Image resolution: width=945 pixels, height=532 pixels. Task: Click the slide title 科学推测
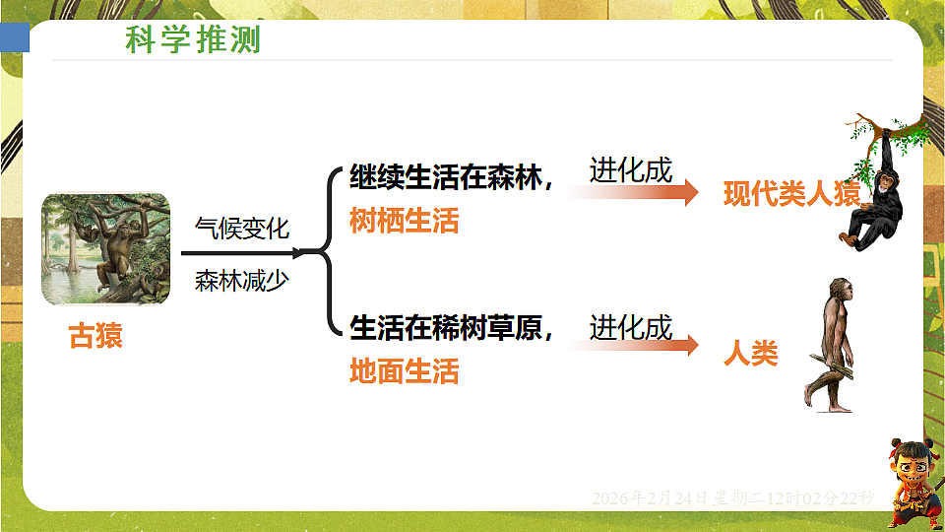click(193, 40)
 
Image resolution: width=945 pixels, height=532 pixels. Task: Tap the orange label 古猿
click(95, 337)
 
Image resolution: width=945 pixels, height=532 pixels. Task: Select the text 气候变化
click(242, 228)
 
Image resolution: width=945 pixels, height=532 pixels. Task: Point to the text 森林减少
click(242, 280)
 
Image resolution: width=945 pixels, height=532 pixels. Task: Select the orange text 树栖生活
click(405, 221)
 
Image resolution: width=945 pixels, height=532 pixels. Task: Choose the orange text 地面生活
click(405, 371)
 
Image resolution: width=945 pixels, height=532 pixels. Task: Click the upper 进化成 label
click(631, 170)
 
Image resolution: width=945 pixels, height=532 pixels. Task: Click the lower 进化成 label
click(631, 326)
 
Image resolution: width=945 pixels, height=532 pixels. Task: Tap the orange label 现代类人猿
click(791, 193)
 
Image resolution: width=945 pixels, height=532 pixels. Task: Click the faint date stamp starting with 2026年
click(732, 499)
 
